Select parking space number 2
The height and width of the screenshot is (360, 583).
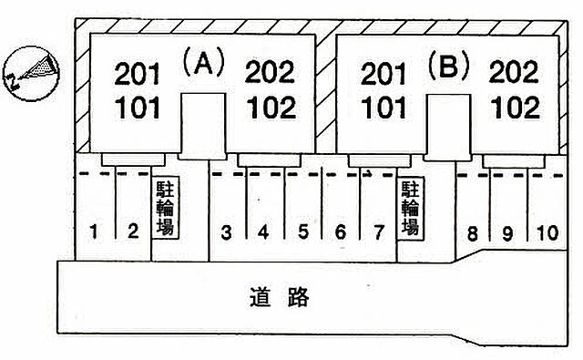132,231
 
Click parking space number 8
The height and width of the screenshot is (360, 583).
472,233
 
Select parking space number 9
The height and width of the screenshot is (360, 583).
507,233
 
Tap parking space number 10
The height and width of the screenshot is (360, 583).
545,233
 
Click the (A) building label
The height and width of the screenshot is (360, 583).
202,64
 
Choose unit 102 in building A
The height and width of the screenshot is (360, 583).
271,108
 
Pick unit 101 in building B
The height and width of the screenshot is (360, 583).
384,108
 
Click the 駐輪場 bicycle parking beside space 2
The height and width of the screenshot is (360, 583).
167,207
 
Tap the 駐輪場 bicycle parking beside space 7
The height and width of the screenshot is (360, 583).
411,207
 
